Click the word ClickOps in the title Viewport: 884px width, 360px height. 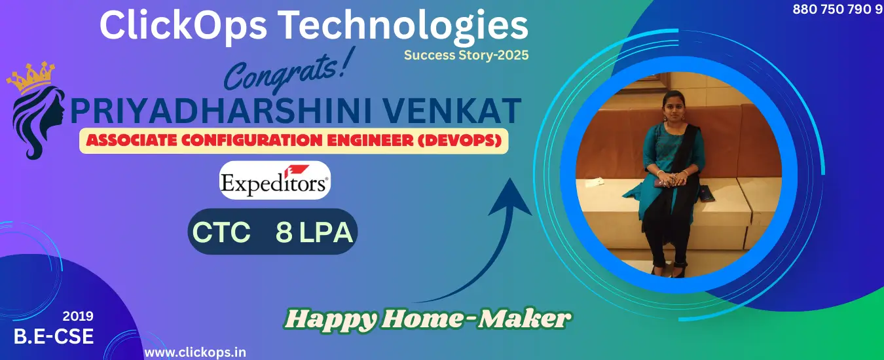coord(183,26)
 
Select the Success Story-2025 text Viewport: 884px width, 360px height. coord(466,55)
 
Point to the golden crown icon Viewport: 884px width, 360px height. coord(30,77)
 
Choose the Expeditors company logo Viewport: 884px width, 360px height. coord(275,181)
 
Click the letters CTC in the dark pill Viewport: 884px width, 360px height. coord(221,232)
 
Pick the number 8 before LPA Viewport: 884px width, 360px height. coord(284,232)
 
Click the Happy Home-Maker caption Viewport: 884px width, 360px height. coord(428,319)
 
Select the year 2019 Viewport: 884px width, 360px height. coord(78,316)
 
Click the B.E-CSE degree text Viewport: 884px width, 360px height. coord(54,336)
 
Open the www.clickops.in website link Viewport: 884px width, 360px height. coord(195,352)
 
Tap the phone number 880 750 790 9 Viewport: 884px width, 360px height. coord(838,9)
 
